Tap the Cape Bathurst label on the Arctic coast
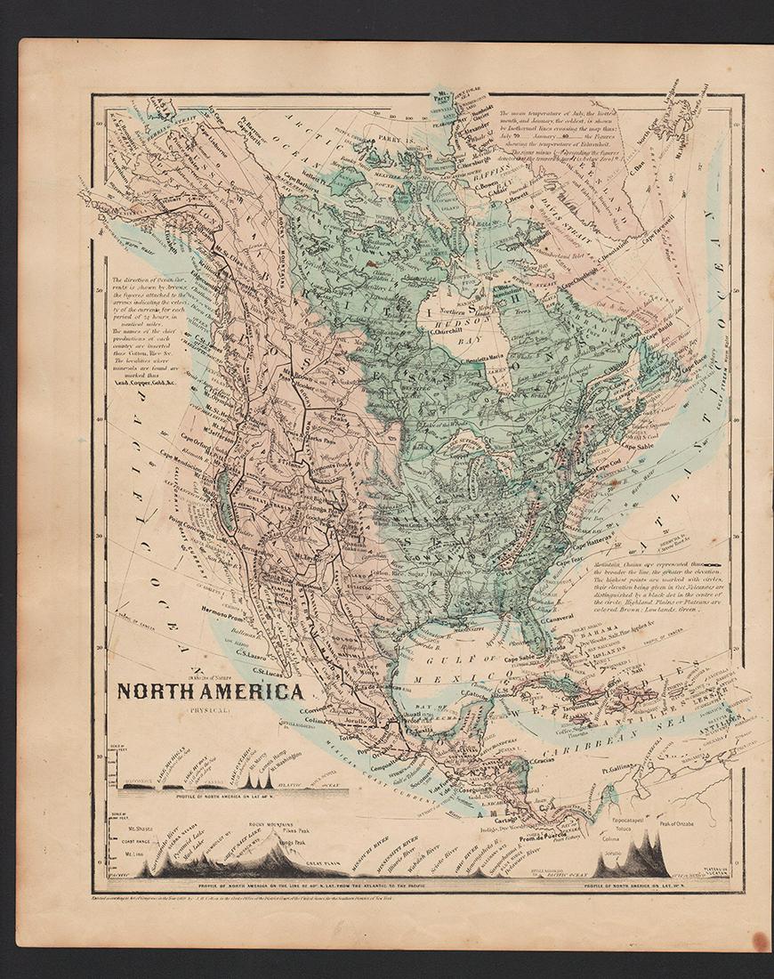pos(309,182)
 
